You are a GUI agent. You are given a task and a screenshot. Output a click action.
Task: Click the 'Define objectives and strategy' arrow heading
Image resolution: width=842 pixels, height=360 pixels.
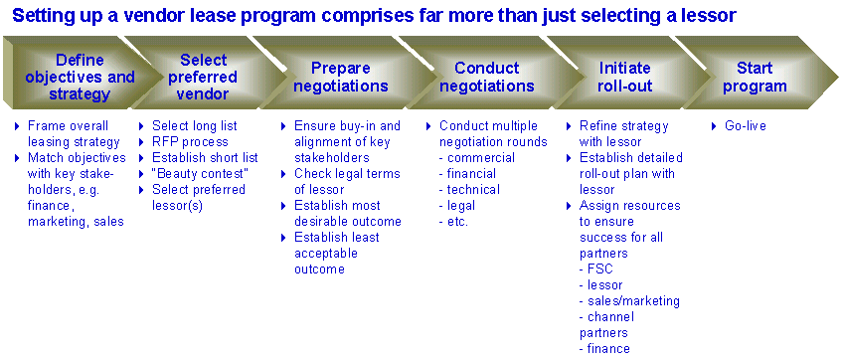[x=80, y=78]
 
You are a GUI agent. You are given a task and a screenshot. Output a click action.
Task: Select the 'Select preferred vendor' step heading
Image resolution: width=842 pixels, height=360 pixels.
[x=203, y=77]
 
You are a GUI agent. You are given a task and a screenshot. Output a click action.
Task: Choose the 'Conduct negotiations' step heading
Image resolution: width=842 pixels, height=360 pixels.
[x=486, y=77]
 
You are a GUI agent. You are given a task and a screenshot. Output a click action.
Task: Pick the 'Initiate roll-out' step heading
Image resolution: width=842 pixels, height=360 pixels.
[x=624, y=77]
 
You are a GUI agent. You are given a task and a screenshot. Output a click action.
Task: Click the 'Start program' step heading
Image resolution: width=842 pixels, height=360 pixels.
[x=754, y=77]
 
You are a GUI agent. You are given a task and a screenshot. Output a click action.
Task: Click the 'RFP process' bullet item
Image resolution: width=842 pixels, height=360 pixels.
[x=190, y=142]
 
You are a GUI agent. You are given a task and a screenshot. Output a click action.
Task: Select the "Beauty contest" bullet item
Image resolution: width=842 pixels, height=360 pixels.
[x=200, y=174]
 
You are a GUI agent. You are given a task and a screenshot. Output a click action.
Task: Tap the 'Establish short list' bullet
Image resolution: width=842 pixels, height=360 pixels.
[x=205, y=157]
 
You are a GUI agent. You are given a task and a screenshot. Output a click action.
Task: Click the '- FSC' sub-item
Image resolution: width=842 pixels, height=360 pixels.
[x=596, y=269]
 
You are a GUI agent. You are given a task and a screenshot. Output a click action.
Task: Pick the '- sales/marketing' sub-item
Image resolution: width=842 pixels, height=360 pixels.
[x=629, y=300]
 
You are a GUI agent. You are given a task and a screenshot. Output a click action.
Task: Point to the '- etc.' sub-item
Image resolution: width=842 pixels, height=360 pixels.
[x=453, y=221]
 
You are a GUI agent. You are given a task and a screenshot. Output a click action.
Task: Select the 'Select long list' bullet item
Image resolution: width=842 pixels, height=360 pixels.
[x=195, y=126]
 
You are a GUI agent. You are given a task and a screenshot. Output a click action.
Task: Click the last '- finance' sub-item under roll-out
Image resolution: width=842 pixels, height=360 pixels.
[x=604, y=348]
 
